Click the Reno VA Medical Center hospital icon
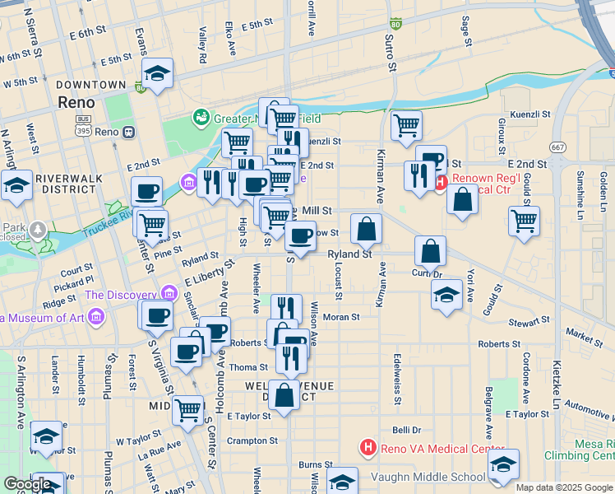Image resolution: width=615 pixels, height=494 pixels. pos(368,447)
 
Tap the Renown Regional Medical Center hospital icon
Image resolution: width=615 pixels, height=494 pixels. pos(441,183)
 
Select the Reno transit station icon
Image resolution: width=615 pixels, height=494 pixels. pos(128,132)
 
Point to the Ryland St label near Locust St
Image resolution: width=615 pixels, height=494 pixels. pos(350,254)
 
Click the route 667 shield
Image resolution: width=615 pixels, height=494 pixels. pos(559,147)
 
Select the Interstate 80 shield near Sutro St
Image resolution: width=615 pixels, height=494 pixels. pos(396,25)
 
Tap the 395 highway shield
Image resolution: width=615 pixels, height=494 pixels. pos(82,132)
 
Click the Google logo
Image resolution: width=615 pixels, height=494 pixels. pos(27,484)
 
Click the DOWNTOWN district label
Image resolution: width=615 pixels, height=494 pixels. pos(86,85)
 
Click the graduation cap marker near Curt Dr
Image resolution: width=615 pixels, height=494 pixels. pos(446,295)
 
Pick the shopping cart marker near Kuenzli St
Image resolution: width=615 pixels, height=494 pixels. pos(406,125)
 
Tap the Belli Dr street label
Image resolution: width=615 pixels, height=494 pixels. pos(406,430)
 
